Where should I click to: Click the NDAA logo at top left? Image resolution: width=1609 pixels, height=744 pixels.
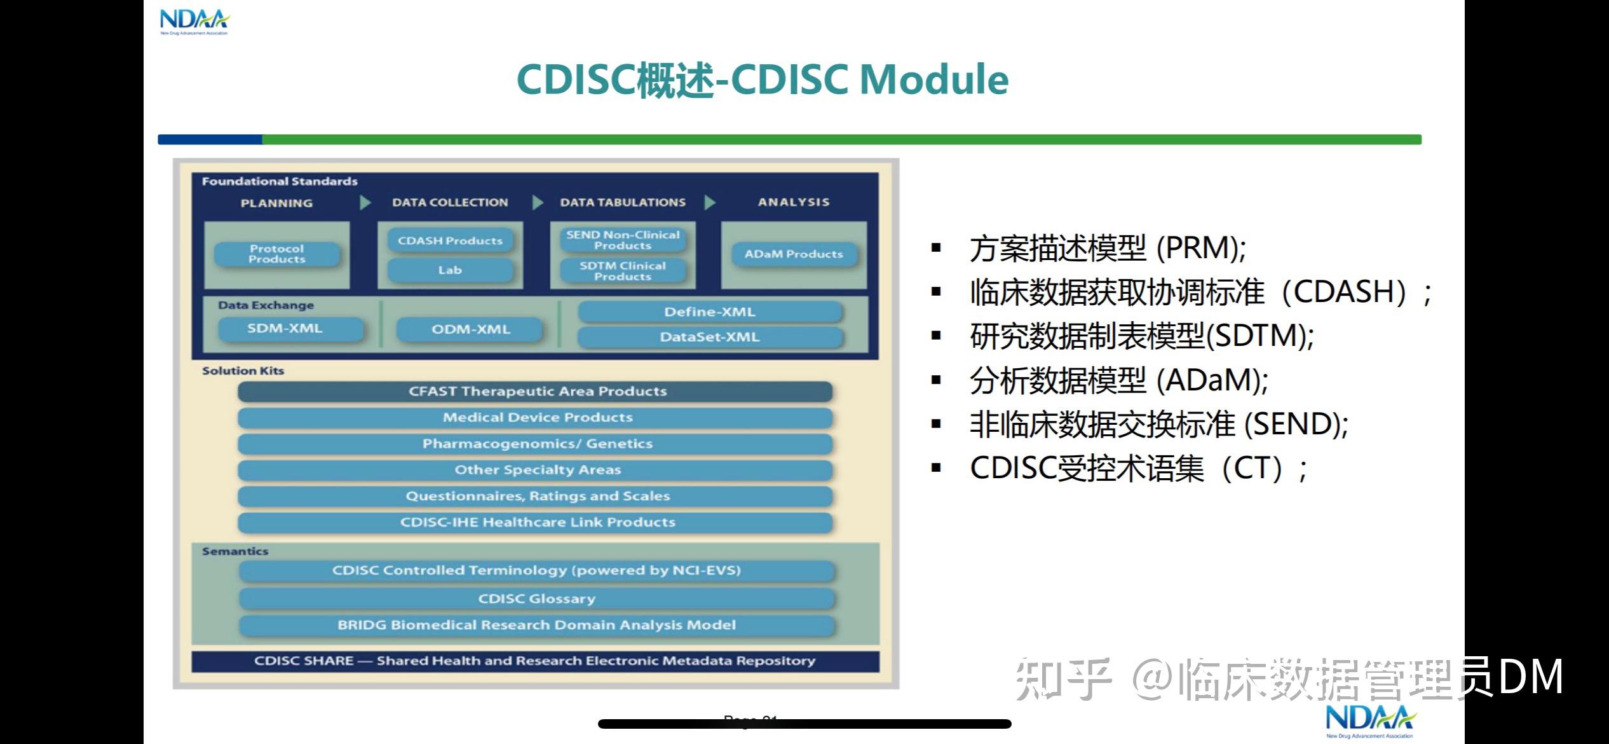[194, 22]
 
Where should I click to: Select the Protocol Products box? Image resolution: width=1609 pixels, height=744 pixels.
[276, 254]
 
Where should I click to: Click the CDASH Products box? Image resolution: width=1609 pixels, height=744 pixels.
[450, 241]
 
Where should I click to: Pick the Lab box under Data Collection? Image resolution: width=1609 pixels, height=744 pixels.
[450, 270]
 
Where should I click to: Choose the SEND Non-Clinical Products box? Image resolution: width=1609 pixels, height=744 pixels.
[623, 240]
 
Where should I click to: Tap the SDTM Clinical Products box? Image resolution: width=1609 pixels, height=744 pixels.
[623, 272]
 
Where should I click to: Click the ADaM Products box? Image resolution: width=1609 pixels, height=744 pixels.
[794, 254]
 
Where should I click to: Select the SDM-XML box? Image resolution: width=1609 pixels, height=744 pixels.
[285, 329]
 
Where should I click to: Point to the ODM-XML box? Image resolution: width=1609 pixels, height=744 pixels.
[471, 329]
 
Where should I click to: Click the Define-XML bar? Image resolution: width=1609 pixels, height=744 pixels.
[710, 312]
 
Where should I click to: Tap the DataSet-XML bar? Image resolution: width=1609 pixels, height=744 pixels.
[710, 337]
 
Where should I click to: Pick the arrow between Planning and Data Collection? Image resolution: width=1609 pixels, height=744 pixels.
[365, 203]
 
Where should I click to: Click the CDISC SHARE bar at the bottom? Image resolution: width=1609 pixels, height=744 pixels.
[534, 661]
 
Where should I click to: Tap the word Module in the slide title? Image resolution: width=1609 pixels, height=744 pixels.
[933, 80]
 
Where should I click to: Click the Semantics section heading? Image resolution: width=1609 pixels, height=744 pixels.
[235, 551]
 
